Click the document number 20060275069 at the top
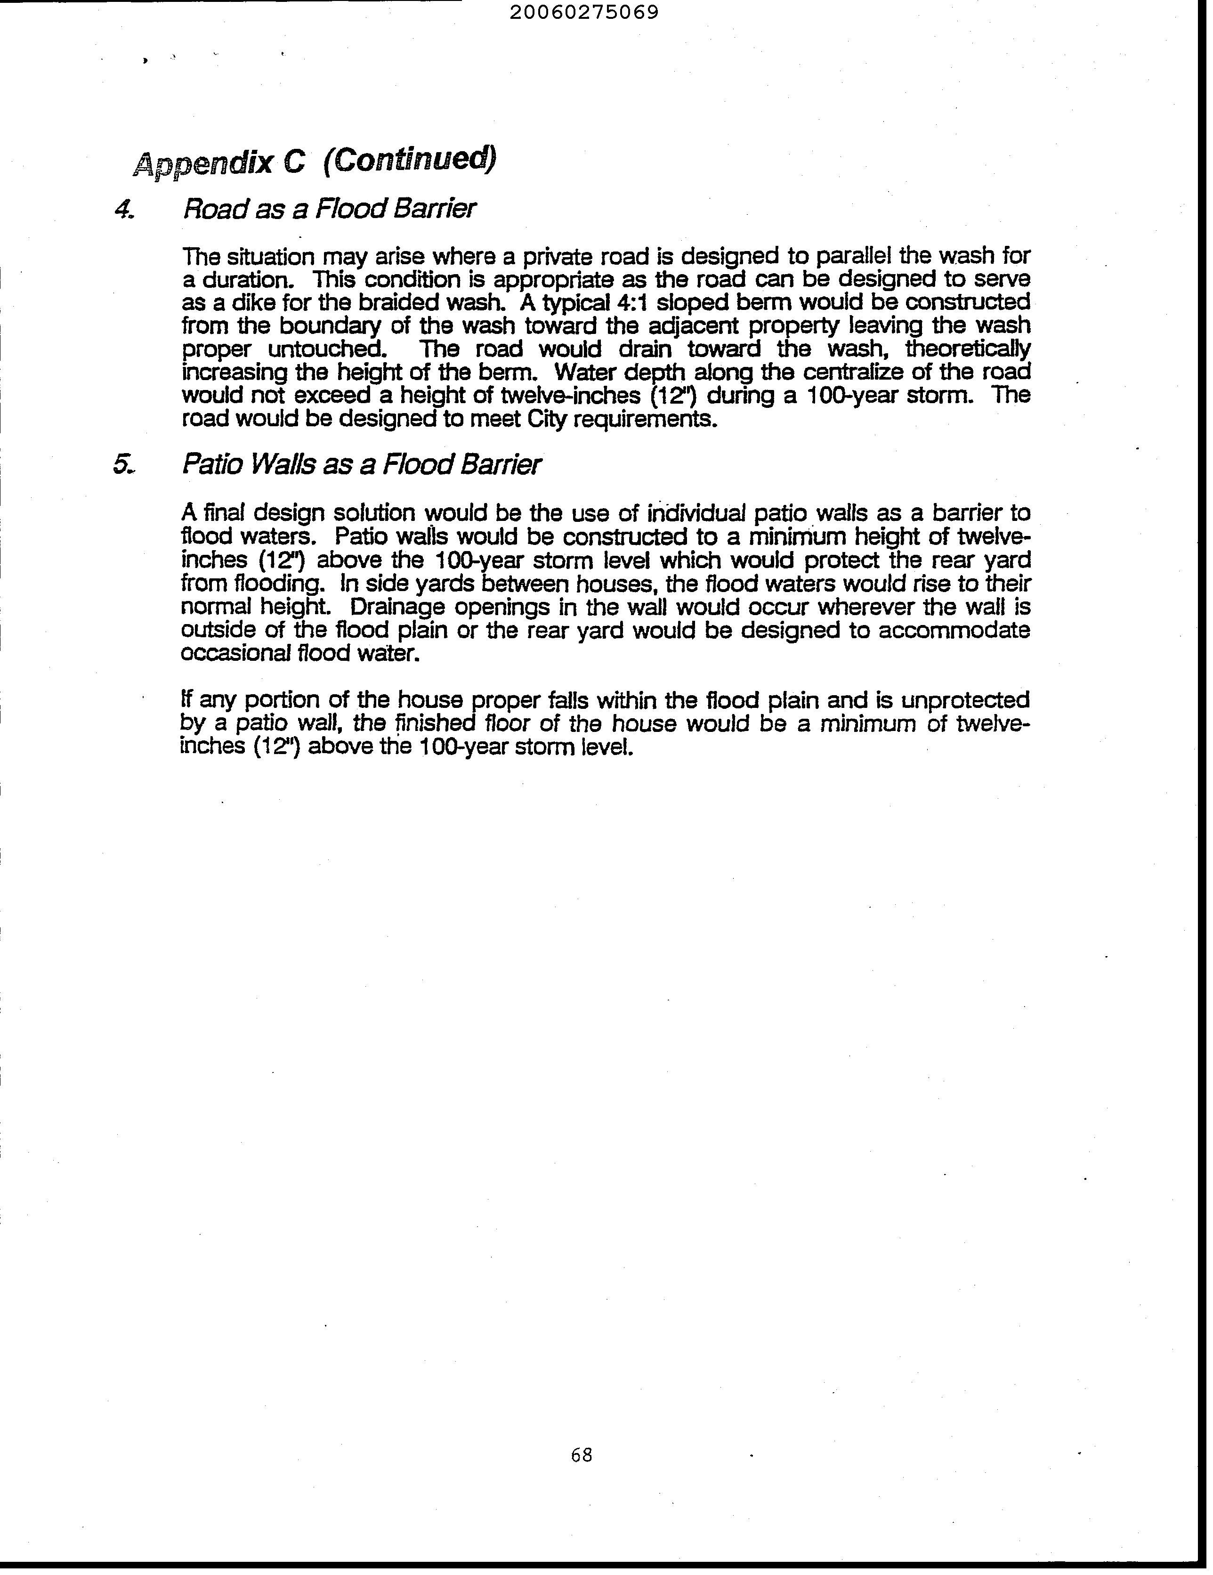[584, 13]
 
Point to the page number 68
[581, 1455]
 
